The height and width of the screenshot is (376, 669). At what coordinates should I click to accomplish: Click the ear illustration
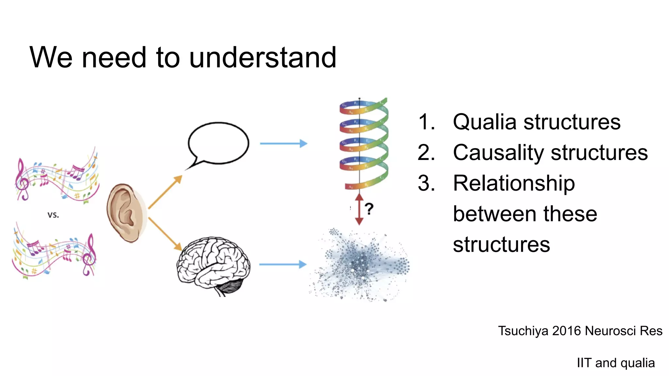pos(126,213)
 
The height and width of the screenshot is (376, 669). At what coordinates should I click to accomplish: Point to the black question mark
pos(369,209)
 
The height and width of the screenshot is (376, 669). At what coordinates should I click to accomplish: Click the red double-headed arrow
pos(359,209)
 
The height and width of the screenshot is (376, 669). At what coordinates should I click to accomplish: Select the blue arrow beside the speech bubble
pos(283,143)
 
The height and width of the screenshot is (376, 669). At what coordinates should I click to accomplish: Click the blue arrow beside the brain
pos(283,264)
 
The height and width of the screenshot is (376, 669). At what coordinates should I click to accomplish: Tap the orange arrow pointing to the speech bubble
pos(165,192)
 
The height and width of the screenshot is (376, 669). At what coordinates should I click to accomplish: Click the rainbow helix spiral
pos(363,144)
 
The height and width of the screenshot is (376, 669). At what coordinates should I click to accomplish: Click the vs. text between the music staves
pos(53,215)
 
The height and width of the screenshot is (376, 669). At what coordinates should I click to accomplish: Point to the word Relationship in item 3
pos(514,183)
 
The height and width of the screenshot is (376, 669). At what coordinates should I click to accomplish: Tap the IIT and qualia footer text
pos(616,363)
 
